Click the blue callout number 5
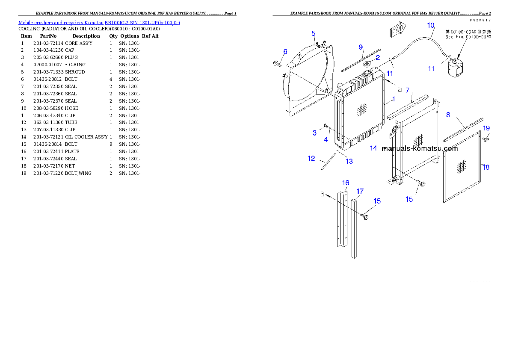tap(314, 33)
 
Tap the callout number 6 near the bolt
tap(285, 52)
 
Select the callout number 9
tap(361, 47)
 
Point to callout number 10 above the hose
tap(431, 25)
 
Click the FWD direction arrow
tap(398, 30)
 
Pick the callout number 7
tap(408, 90)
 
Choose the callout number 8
tap(448, 115)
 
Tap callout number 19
tap(486, 128)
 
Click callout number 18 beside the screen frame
tap(486, 167)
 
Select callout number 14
tap(374, 148)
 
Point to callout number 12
tap(311, 159)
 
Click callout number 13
tap(349, 161)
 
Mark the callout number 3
tap(314, 133)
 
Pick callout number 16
tap(345, 183)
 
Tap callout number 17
tap(360, 191)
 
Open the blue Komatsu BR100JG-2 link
tap(99, 22)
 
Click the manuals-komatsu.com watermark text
tap(420, 149)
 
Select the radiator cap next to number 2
tap(368, 64)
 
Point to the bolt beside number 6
tap(276, 64)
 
